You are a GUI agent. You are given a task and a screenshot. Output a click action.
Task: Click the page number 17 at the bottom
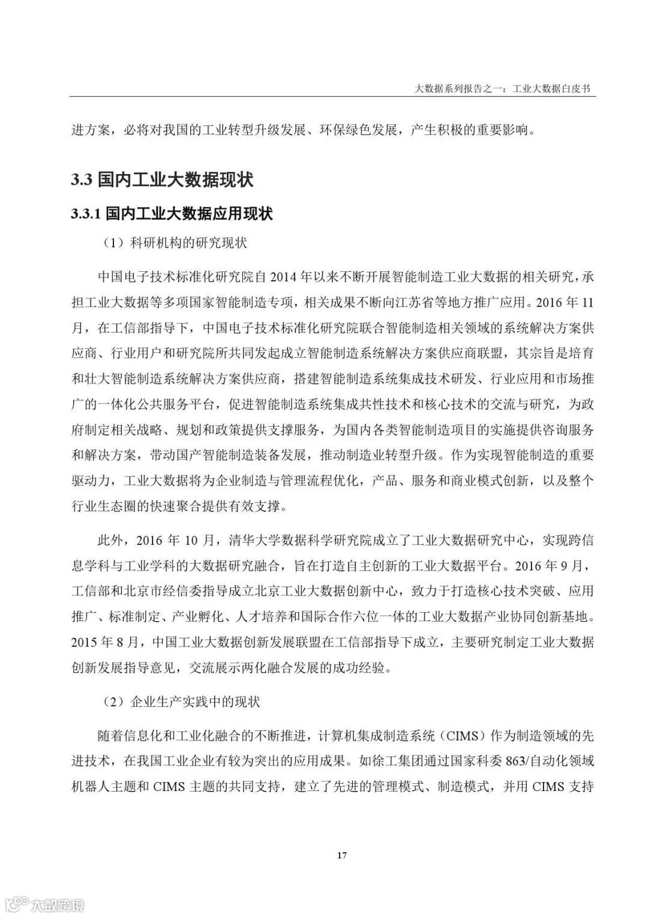341,855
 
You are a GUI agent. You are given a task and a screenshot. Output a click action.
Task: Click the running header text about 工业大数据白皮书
505,88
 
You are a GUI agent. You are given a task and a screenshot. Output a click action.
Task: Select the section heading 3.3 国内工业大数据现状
162,179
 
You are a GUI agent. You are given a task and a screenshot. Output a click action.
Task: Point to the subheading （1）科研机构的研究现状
175,243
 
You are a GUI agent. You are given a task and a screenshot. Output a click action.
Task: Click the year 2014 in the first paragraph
285,277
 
